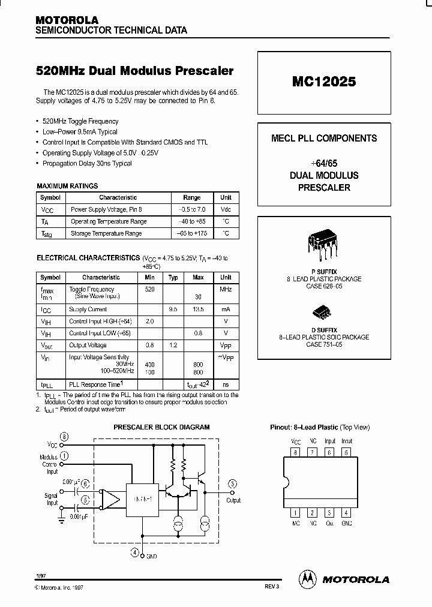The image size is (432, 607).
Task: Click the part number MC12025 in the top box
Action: click(324, 82)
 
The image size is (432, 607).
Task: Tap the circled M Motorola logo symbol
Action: click(307, 578)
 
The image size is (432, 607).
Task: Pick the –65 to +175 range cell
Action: click(192, 233)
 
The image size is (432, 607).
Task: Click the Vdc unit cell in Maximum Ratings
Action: click(226, 209)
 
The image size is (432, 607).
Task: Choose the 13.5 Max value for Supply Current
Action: click(198, 309)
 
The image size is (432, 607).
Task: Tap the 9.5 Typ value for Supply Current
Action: click(173, 309)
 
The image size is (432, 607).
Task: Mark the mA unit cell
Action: click(226, 309)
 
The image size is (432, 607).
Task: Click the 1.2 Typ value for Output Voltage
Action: click(173, 345)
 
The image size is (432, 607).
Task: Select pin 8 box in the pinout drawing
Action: click(295, 452)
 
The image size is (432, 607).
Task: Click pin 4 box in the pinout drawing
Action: click(347, 513)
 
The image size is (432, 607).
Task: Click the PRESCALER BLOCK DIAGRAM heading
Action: click(161, 427)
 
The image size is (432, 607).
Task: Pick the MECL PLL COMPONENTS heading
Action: click(324, 138)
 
